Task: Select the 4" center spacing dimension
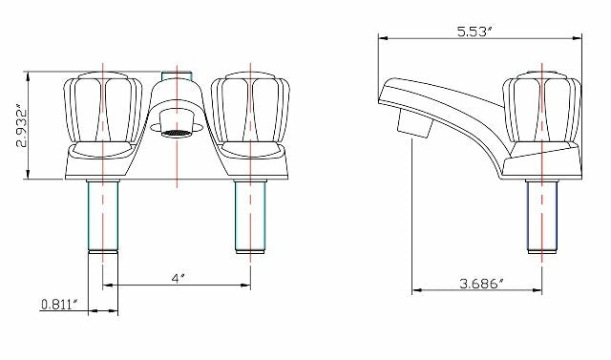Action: pyautogui.click(x=178, y=278)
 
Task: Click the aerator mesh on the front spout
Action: pyautogui.click(x=176, y=131)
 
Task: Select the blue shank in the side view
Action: pyautogui.click(x=542, y=215)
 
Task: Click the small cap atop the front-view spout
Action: pyautogui.click(x=176, y=74)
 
